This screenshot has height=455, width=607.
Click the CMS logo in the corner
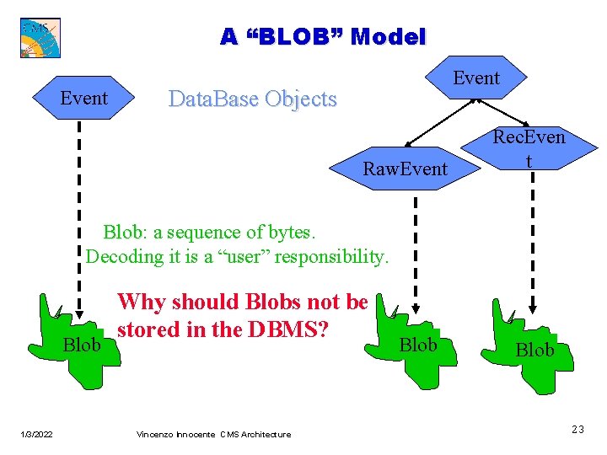(x=40, y=37)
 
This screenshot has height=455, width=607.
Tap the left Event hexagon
(x=83, y=99)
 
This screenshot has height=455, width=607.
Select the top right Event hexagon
(x=476, y=78)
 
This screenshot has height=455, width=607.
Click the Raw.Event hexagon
(x=405, y=169)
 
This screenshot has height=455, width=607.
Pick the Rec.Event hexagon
(x=529, y=148)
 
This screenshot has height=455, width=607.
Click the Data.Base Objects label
(x=252, y=99)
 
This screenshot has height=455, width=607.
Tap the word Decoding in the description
(x=122, y=256)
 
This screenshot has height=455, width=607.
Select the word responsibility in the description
(x=332, y=256)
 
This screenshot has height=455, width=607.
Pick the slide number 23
(x=577, y=431)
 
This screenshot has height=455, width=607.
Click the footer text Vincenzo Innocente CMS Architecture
(x=213, y=435)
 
